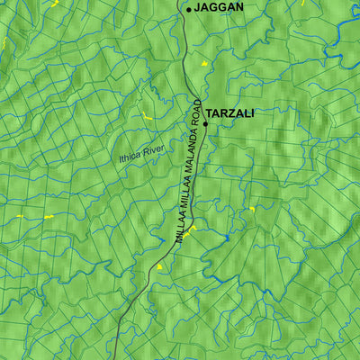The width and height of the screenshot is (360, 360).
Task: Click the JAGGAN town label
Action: click(x=220, y=7)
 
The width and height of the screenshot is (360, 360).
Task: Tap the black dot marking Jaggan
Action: click(x=188, y=9)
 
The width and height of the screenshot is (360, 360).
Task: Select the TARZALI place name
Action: click(x=230, y=113)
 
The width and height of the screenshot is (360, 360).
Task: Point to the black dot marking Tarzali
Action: click(x=205, y=124)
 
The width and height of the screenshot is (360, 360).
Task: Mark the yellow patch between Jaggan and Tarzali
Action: click(x=203, y=64)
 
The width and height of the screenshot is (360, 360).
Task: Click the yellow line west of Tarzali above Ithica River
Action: click(x=145, y=116)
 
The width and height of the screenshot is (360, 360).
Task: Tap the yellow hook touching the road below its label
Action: click(x=192, y=229)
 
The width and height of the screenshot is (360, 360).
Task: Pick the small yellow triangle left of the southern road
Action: click(x=160, y=266)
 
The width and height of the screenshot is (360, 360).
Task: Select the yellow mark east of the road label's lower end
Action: click(x=252, y=210)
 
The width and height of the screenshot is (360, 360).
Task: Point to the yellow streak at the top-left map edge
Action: click(x=3, y=42)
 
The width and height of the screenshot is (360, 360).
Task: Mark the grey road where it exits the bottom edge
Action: click(x=115, y=356)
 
